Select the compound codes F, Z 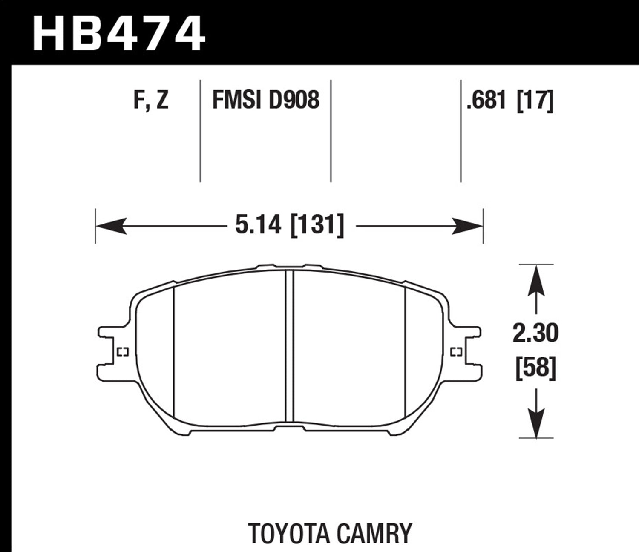coord(151,101)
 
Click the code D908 coord(294,101)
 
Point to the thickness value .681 coord(486,101)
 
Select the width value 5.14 coord(258,225)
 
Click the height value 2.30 coord(535,333)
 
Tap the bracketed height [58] coord(535,368)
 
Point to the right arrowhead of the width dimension coord(468,226)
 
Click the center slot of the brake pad coord(290,345)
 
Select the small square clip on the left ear coord(123,351)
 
